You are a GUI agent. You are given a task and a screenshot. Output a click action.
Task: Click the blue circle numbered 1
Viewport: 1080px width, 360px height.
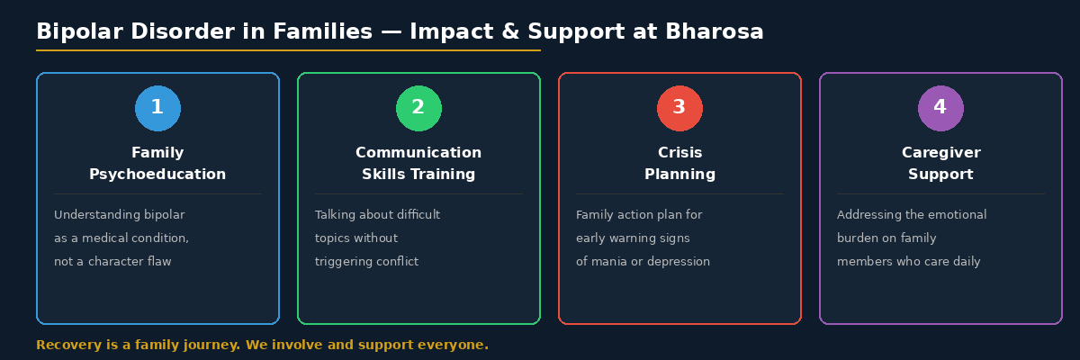click(157, 109)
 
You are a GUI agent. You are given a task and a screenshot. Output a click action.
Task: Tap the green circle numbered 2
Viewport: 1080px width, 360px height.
click(418, 109)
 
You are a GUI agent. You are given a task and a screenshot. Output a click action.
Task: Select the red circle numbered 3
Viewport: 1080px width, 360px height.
click(679, 109)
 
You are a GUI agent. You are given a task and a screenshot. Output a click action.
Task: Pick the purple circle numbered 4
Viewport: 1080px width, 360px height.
click(940, 109)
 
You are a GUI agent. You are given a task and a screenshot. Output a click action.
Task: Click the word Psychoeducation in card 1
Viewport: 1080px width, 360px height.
click(157, 175)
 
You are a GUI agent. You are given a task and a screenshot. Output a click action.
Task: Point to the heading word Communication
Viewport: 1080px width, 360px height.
click(418, 153)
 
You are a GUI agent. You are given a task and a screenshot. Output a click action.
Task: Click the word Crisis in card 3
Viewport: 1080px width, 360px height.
click(679, 153)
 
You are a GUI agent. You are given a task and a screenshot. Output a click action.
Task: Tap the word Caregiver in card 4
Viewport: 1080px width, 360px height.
click(940, 153)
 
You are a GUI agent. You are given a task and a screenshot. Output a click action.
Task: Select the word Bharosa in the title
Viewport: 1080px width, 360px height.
click(715, 32)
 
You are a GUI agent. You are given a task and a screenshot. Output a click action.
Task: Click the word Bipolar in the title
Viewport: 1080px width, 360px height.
click(77, 32)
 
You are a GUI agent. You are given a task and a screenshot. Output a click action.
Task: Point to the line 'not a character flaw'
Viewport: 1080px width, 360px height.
click(112, 262)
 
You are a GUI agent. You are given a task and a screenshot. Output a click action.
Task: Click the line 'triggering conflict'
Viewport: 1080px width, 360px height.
click(366, 262)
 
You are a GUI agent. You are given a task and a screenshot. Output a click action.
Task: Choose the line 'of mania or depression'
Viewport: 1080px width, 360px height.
click(643, 262)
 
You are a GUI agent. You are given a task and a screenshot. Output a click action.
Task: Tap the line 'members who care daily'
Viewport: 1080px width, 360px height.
click(908, 262)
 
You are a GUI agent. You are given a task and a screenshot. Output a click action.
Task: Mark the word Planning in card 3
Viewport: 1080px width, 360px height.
click(679, 175)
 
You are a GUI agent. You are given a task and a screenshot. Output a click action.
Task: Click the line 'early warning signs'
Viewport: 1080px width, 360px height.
click(633, 238)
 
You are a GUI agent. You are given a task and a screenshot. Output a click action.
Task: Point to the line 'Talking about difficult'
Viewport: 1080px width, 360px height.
click(377, 215)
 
